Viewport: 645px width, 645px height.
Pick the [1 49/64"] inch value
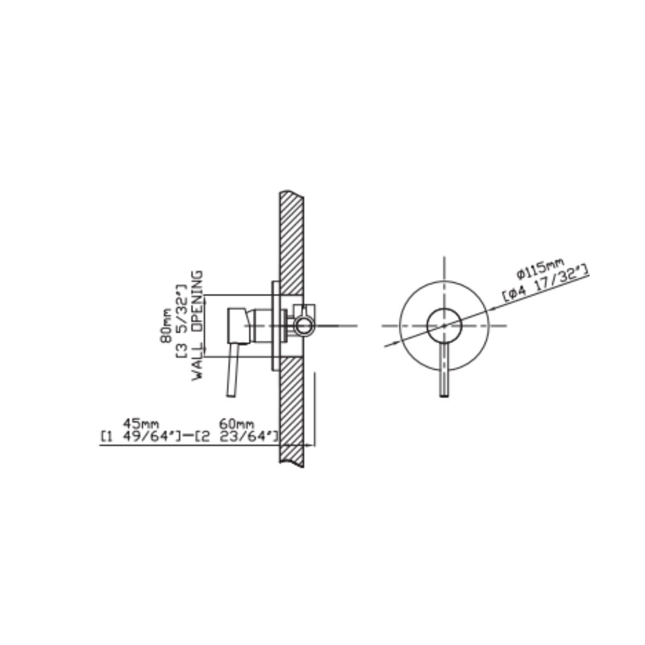[140, 436]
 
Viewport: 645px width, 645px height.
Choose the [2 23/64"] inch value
[237, 436]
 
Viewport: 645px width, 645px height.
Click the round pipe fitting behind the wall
[303, 326]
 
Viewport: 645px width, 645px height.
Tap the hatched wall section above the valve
[292, 240]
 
